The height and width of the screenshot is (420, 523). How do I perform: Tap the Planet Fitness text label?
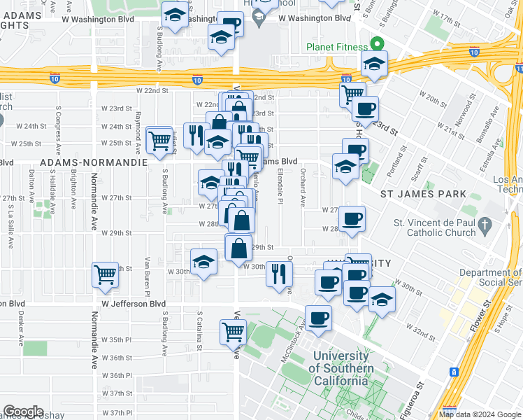[x=336, y=48]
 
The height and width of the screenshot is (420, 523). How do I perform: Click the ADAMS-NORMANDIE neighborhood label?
[x=94, y=162]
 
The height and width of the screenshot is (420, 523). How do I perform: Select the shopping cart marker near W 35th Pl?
[x=233, y=330]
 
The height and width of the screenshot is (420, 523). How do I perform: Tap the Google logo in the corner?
[x=23, y=412]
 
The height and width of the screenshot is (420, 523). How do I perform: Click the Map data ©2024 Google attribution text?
[x=480, y=414]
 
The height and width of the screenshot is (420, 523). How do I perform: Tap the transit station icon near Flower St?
[x=454, y=371]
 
